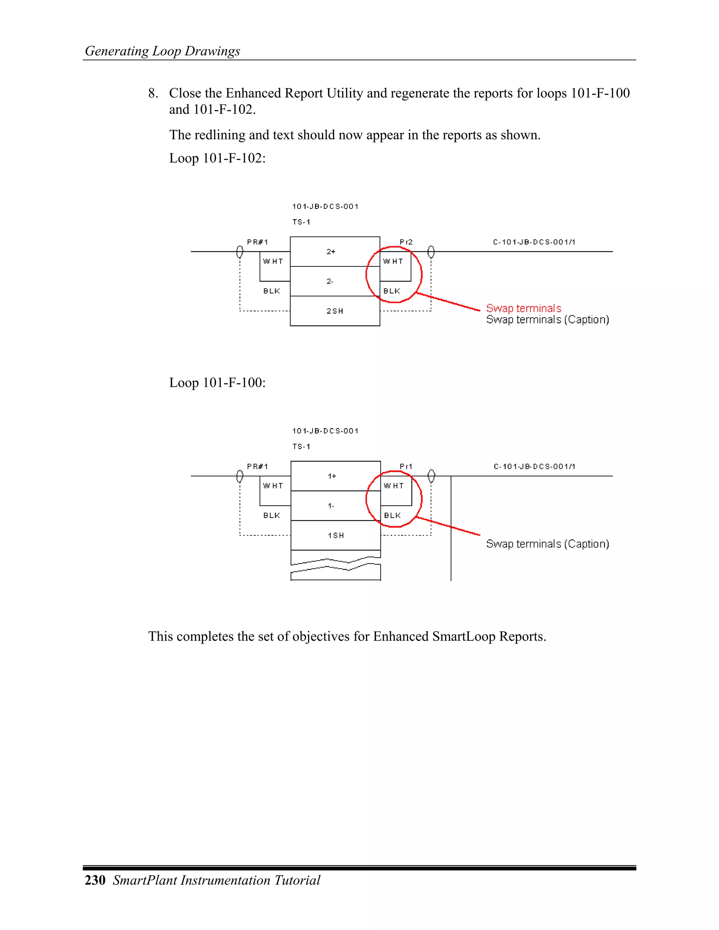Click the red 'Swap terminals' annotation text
[523, 308]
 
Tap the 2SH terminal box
[335, 311]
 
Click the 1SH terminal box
[336, 535]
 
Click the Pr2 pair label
[406, 242]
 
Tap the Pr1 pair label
[406, 466]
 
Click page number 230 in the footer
[95, 880]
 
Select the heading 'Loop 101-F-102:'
[217, 158]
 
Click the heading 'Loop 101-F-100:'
[217, 383]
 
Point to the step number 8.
[153, 93]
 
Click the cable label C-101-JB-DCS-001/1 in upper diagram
[534, 242]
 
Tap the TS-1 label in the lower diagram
[301, 446]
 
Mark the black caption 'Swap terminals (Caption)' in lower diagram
[547, 544]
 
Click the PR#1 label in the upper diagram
[257, 242]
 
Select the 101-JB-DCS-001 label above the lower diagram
[325, 431]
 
